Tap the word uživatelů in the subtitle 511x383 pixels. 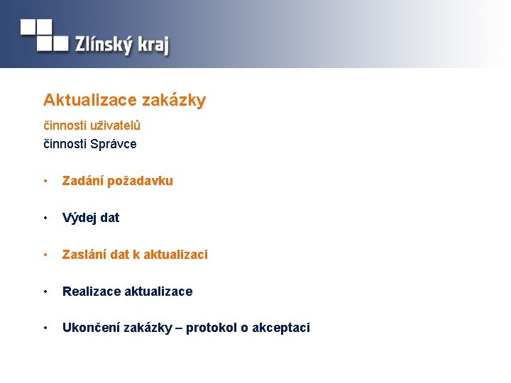(x=115, y=126)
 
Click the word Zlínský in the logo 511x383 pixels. (x=104, y=45)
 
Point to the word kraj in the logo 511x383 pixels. (x=153, y=46)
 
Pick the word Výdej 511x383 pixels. (x=79, y=218)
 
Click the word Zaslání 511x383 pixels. (x=84, y=254)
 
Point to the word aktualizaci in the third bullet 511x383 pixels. (x=175, y=254)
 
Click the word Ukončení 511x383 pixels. (x=91, y=328)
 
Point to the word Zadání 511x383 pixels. (x=82, y=181)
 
